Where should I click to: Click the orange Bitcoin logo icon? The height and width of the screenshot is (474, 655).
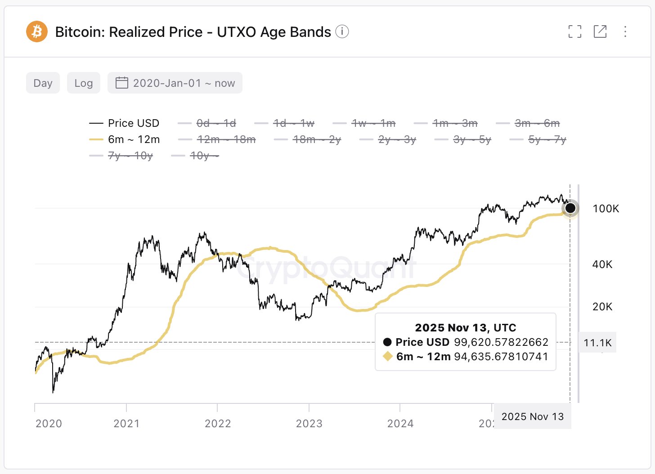(x=37, y=32)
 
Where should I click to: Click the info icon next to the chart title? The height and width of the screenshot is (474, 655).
(x=342, y=32)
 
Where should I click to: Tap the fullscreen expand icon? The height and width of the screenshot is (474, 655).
(x=574, y=31)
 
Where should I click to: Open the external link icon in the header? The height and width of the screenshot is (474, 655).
(x=600, y=31)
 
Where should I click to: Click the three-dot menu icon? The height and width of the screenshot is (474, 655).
(x=625, y=31)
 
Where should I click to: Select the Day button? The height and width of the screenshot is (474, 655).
(x=43, y=83)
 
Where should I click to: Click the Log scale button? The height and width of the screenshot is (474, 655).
(x=84, y=83)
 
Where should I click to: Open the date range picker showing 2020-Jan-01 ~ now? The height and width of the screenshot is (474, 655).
(x=175, y=83)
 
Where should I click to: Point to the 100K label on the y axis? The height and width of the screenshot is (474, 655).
(x=606, y=209)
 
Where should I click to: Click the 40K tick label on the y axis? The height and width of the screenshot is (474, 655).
(x=602, y=264)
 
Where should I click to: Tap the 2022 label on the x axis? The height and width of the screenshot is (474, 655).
(x=218, y=424)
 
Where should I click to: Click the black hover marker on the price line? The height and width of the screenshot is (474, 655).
(x=570, y=208)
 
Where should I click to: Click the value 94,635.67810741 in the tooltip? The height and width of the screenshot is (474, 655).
(x=501, y=357)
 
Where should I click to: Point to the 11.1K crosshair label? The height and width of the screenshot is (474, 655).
(x=597, y=343)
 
